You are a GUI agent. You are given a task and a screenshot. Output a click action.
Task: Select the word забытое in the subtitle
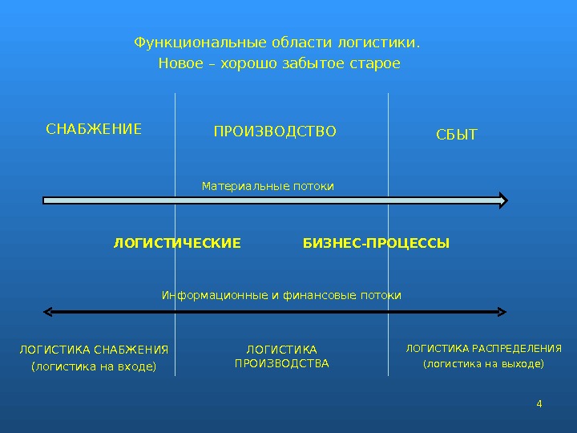point(313,63)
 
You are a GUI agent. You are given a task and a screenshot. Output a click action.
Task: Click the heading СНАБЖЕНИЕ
point(94,128)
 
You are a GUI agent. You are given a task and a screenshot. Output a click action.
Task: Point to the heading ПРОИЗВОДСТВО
point(275,131)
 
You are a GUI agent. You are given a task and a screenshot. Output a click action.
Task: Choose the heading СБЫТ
point(456,135)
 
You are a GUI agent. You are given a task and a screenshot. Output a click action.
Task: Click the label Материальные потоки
point(268,186)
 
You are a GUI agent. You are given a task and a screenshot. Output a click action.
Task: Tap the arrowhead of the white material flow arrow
point(502,200)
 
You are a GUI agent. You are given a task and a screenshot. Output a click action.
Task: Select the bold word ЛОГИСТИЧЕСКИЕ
point(177,243)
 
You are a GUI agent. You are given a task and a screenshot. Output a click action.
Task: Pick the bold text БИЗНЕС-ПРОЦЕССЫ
point(376,243)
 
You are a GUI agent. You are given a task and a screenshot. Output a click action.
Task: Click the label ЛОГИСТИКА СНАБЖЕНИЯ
point(94,350)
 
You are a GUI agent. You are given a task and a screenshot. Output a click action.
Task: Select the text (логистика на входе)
point(94,367)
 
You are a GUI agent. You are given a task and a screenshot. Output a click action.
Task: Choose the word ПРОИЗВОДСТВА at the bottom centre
point(281,363)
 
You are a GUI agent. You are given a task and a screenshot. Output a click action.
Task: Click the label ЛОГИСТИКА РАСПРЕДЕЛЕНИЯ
point(483,348)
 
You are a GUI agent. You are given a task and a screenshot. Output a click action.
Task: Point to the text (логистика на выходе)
point(483,364)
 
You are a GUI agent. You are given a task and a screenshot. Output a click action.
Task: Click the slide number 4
point(539,403)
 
